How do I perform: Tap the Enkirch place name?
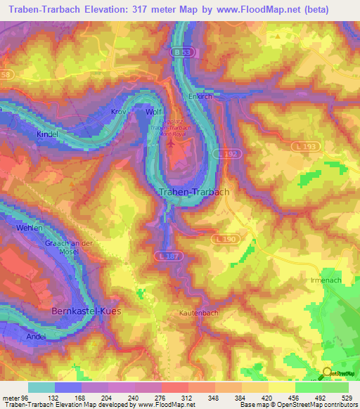[200, 97]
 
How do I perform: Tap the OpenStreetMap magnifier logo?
[327, 373]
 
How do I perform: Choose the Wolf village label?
[154, 112]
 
